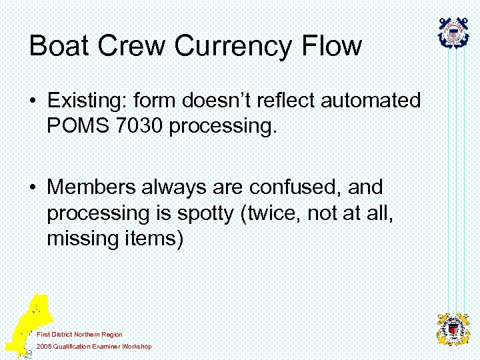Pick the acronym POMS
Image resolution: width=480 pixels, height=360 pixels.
tap(73, 125)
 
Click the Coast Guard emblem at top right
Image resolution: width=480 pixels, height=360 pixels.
tap(453, 32)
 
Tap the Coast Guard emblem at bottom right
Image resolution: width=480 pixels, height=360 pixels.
tap(453, 329)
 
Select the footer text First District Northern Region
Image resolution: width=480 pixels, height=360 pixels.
tap(79, 334)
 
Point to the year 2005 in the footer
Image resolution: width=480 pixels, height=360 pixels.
tap(44, 346)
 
